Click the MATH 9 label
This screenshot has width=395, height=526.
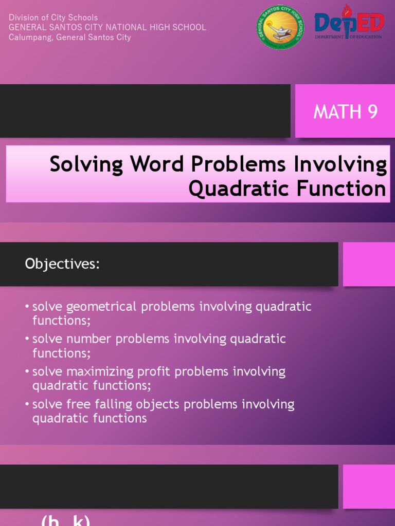pos(346,111)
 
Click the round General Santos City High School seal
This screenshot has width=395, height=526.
pos(280,27)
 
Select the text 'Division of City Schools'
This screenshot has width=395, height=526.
pos(53,17)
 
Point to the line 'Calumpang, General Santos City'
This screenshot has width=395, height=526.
pos(70,37)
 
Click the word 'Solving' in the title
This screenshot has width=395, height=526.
pos(86,165)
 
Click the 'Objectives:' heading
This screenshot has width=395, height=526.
pos(62,264)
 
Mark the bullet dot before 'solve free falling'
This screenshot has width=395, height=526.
pos(27,404)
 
